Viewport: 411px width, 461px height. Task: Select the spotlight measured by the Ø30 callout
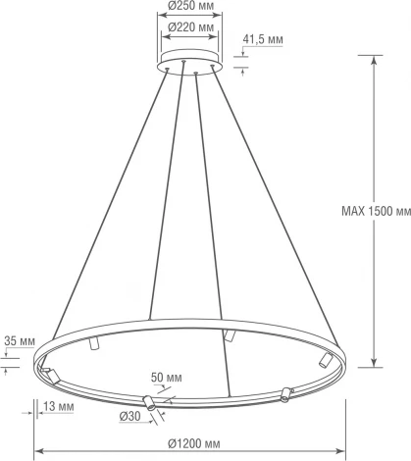tap(149, 401)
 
